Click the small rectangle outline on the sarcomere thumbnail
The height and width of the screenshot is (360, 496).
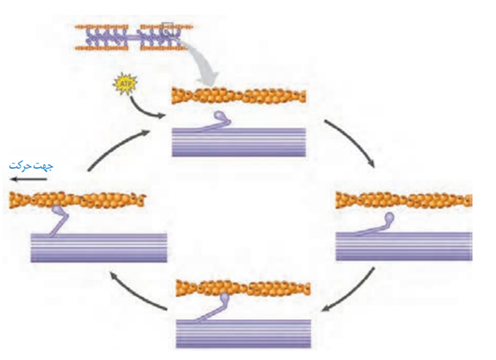click(x=167, y=31)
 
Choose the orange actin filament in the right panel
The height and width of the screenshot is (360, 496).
click(x=403, y=199)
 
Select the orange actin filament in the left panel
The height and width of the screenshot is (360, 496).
click(x=77, y=198)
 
